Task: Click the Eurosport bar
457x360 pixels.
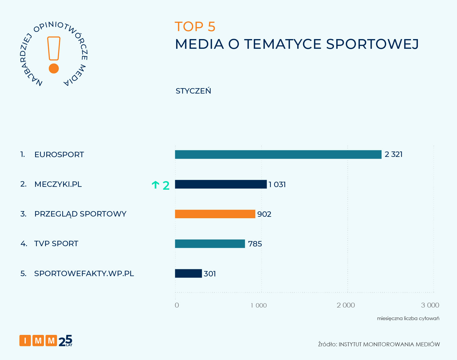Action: click(278, 154)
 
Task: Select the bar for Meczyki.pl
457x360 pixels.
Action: click(221, 184)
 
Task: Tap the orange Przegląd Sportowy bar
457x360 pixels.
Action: click(215, 214)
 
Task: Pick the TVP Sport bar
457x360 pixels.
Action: click(210, 244)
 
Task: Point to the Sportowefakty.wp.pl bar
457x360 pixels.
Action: click(188, 273)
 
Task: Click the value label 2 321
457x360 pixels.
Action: click(393, 154)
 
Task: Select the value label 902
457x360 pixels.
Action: click(264, 214)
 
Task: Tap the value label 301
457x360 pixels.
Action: click(210, 274)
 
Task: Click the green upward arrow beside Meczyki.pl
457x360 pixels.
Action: click(155, 185)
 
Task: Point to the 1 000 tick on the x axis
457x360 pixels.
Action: click(259, 306)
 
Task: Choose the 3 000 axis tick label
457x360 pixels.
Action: click(430, 305)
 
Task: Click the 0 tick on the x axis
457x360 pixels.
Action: click(177, 305)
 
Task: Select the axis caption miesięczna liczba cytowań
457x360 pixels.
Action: click(408, 318)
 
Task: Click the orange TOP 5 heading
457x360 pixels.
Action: click(195, 27)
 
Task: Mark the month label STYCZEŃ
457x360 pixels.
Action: click(193, 91)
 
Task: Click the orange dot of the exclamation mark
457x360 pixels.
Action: click(54, 68)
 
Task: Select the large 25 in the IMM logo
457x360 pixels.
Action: click(65, 340)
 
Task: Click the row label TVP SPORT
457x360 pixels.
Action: click(56, 244)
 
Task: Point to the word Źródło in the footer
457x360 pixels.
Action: click(327, 344)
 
